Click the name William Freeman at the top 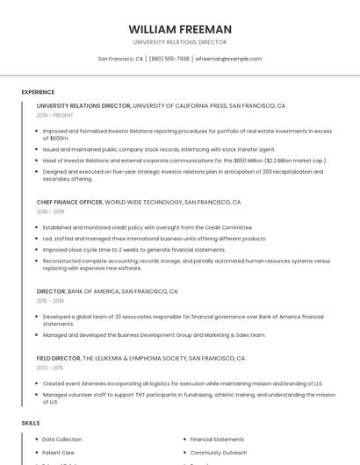click(x=180, y=29)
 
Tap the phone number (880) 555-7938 click(x=169, y=59)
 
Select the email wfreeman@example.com click(x=228, y=59)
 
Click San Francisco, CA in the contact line click(x=120, y=59)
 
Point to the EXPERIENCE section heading click(x=38, y=92)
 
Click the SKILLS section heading click(x=31, y=423)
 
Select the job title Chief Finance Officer click(x=69, y=202)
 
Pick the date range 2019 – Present click(x=54, y=115)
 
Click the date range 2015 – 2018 click(x=50, y=300)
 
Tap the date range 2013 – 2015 click(x=50, y=368)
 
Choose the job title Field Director click(x=58, y=358)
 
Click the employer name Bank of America click(x=93, y=290)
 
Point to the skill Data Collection click(x=61, y=439)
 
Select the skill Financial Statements click(x=217, y=439)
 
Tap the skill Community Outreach click(x=218, y=453)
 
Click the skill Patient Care click(x=58, y=453)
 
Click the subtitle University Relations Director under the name click(x=180, y=42)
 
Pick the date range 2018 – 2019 click(x=50, y=211)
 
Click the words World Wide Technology click(x=143, y=202)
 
